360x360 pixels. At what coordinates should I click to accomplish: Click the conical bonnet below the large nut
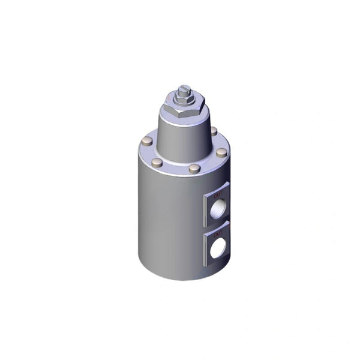click(180, 135)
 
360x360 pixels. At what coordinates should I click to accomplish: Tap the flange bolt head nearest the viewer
click(193, 169)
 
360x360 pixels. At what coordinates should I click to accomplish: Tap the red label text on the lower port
click(218, 231)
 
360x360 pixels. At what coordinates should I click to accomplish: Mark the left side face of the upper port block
click(206, 207)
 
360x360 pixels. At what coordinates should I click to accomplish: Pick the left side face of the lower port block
click(206, 247)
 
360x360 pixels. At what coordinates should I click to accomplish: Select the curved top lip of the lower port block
click(217, 226)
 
